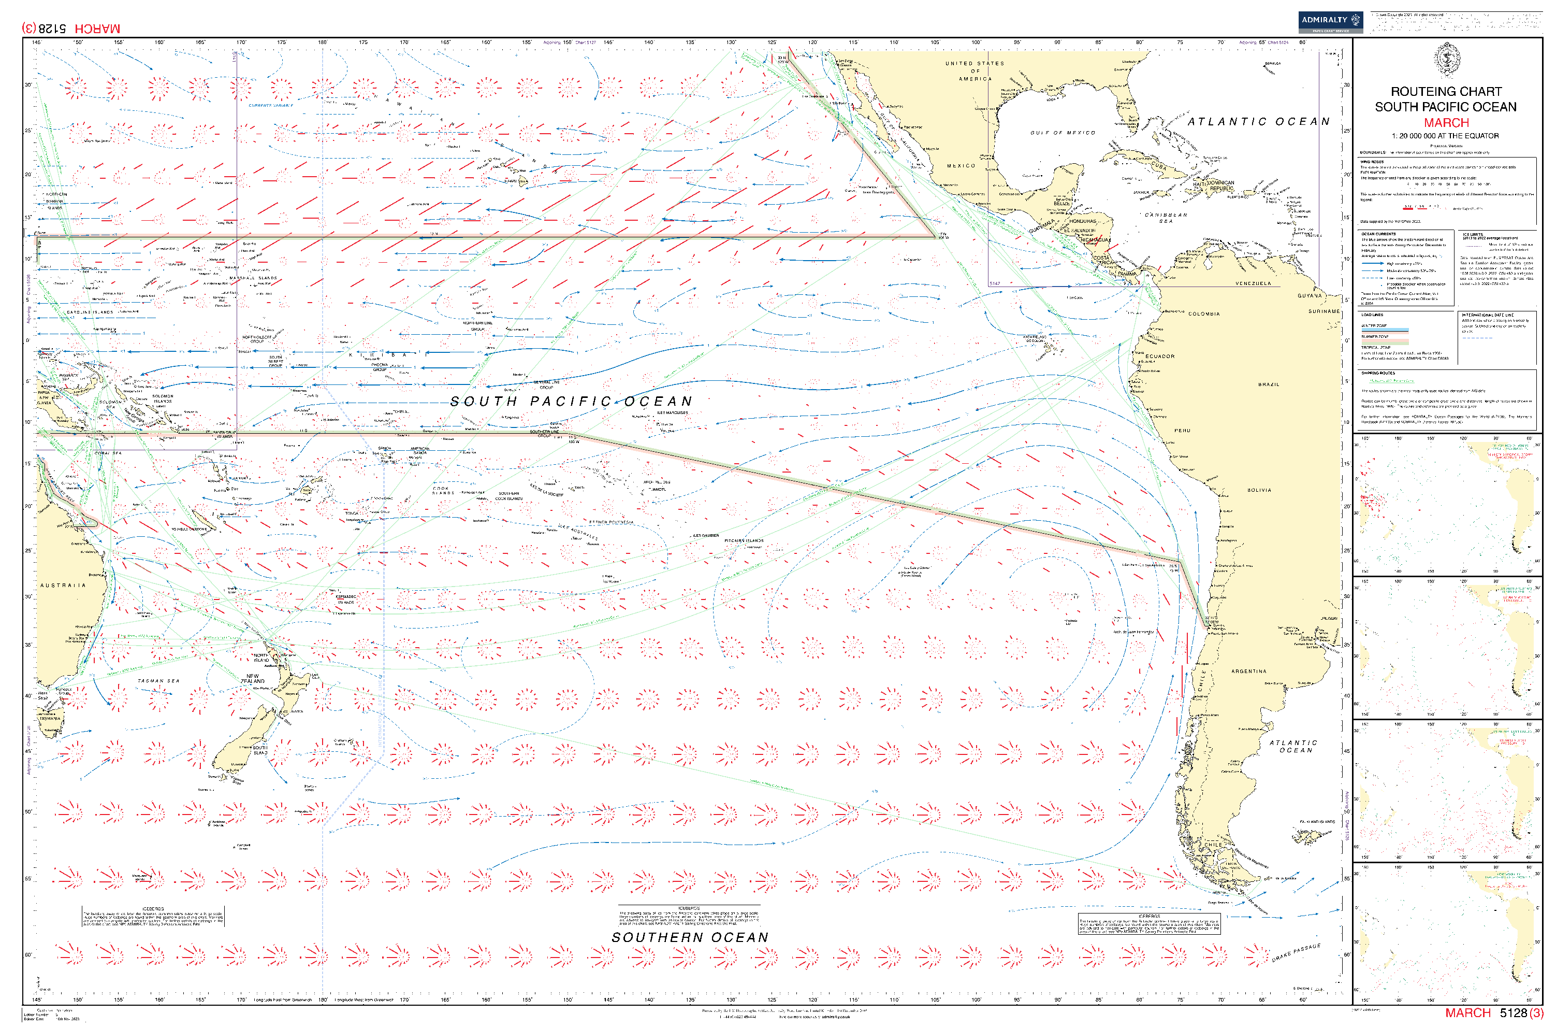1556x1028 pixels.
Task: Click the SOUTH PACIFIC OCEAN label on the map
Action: (x=571, y=401)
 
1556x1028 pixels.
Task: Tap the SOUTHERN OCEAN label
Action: (x=689, y=937)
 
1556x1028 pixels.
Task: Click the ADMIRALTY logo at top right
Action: (x=1330, y=22)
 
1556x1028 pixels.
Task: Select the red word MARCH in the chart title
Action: (x=1446, y=123)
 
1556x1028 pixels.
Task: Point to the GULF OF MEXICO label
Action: (x=1062, y=133)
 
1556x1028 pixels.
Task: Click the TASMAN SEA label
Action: (x=158, y=681)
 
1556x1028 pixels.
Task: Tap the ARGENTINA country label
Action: (x=1249, y=672)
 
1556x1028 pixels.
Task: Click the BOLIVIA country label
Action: (x=1259, y=490)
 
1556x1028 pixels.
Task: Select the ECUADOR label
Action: (x=1160, y=356)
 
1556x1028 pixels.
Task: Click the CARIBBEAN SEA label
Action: (x=1166, y=218)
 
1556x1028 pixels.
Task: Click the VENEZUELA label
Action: (x=1253, y=284)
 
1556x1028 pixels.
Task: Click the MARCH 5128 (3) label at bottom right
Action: (x=1494, y=1013)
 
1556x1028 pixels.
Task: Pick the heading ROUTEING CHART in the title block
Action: (x=1446, y=92)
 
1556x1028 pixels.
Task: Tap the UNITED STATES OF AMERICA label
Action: (x=975, y=71)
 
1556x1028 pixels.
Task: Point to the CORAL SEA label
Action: (x=108, y=453)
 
